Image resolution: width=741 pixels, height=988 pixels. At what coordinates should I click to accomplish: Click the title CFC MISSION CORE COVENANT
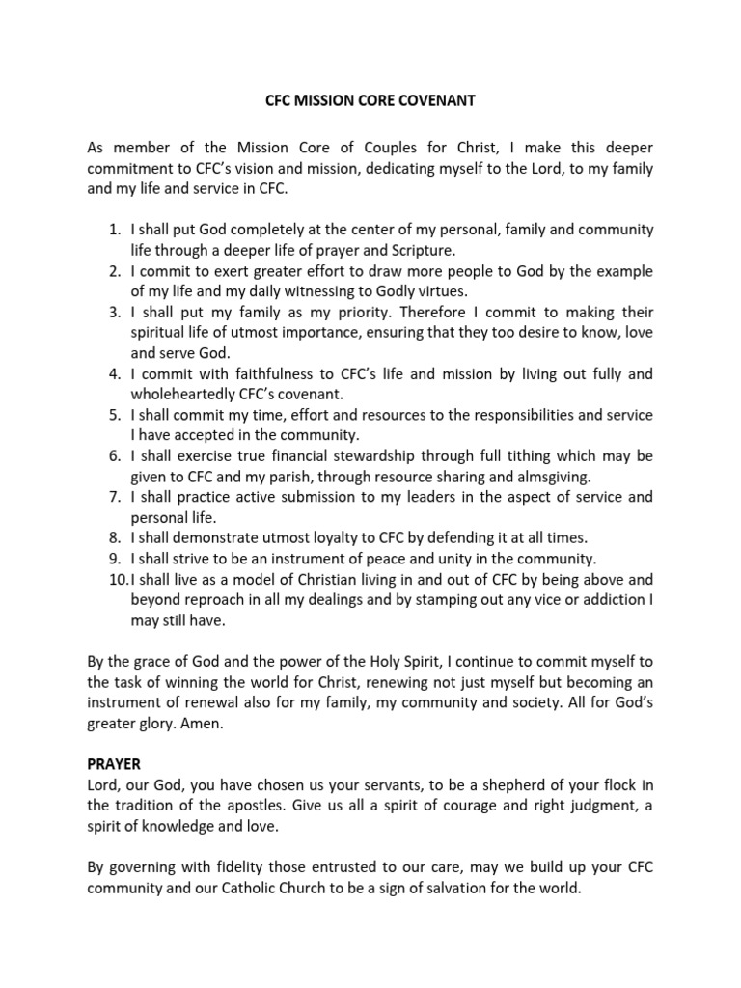pyautogui.click(x=370, y=99)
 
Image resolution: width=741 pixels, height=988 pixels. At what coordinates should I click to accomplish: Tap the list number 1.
pyautogui.click(x=114, y=230)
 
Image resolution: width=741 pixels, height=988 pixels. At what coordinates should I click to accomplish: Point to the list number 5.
pyautogui.click(x=114, y=415)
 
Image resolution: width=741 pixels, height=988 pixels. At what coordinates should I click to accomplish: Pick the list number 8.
pyautogui.click(x=114, y=538)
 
